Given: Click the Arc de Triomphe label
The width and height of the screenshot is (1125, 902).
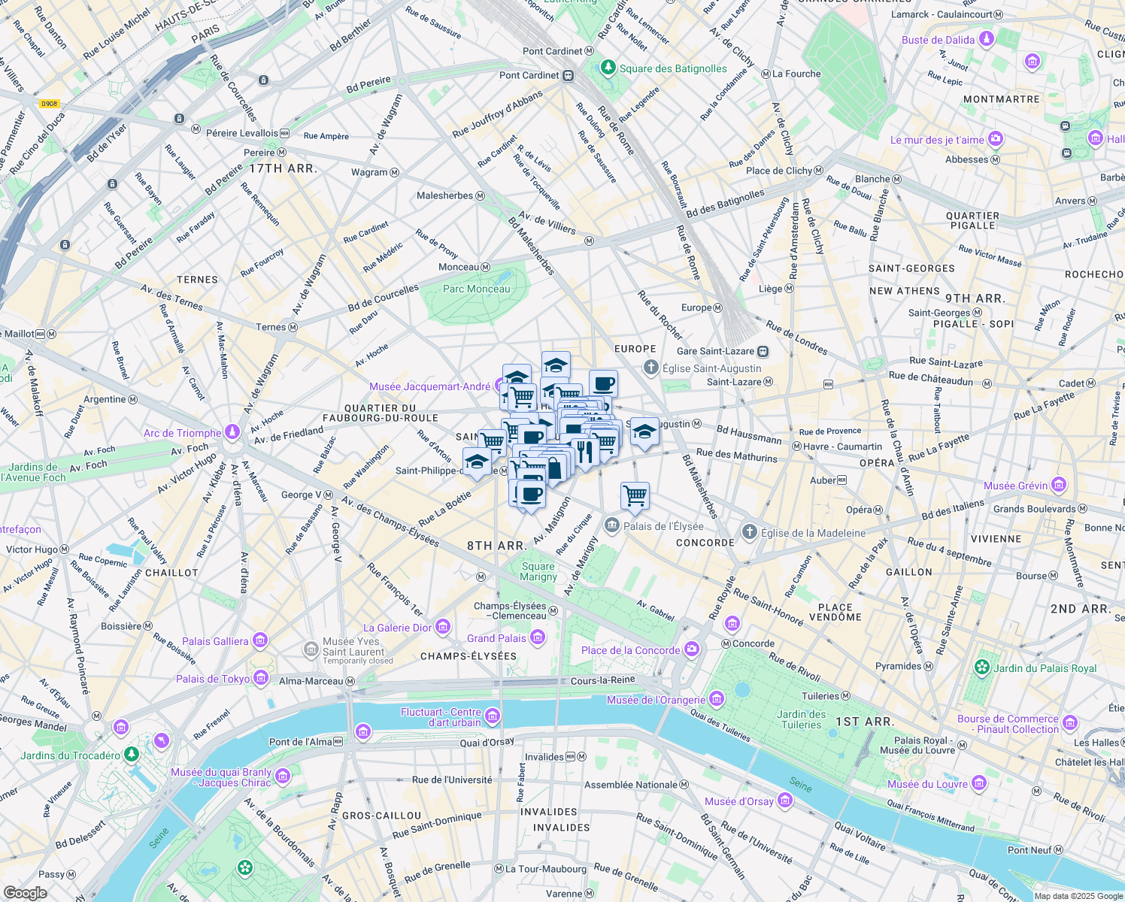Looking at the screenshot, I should click(182, 433).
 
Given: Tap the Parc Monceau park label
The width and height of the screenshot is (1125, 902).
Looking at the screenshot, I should click(476, 289).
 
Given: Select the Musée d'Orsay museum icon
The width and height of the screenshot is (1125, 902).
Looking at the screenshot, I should click(785, 801).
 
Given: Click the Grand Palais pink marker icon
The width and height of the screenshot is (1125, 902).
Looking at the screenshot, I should click(537, 638).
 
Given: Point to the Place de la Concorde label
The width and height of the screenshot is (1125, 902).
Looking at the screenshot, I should click(630, 650).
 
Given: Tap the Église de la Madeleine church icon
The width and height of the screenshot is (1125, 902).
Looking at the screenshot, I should click(749, 532).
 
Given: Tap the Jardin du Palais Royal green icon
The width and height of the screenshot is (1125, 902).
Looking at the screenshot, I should click(981, 667).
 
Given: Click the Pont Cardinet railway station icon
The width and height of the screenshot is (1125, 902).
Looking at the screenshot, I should click(569, 75).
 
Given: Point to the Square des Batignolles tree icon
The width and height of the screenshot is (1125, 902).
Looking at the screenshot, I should click(608, 68).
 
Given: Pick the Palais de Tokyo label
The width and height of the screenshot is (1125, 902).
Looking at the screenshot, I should click(213, 679).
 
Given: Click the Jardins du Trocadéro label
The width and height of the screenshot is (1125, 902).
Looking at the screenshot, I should click(70, 755).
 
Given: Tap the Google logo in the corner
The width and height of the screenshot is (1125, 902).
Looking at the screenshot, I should click(25, 892).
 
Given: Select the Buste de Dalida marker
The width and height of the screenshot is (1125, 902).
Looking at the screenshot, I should click(986, 39).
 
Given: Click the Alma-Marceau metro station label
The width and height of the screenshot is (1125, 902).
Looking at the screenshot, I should click(311, 681).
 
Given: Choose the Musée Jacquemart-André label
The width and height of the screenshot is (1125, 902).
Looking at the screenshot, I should click(429, 386).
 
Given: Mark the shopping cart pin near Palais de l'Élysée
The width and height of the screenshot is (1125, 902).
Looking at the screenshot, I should click(635, 495).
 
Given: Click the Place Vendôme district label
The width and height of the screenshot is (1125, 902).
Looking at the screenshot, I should click(835, 612).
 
